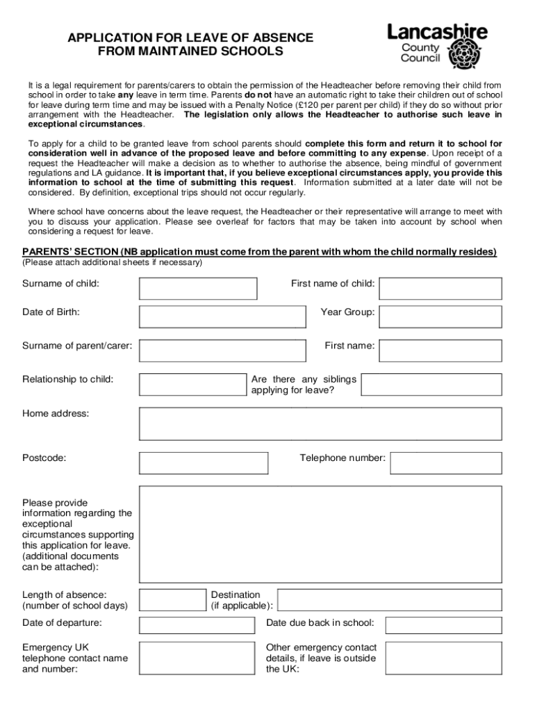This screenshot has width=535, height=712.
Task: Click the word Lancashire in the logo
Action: [x=437, y=31]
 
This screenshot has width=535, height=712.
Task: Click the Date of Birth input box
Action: [x=222, y=316]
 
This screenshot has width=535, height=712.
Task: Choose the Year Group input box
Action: [x=440, y=316]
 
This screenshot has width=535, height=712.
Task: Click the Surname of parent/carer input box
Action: [x=222, y=350]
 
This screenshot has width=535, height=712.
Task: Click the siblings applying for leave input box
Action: [x=431, y=385]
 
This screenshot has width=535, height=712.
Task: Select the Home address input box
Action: [x=320, y=423]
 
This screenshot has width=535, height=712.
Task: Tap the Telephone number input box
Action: [x=445, y=462]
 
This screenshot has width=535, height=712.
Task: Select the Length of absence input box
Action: [x=172, y=600]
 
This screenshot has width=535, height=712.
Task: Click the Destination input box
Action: [x=389, y=600]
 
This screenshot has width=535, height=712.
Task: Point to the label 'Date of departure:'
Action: [x=62, y=622]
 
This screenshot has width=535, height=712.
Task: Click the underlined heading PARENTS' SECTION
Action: [x=69, y=252]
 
